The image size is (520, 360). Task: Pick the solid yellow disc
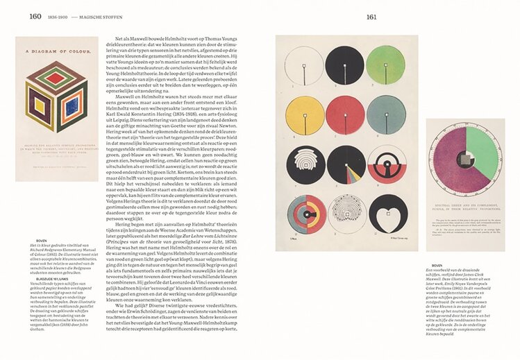point(305,114)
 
